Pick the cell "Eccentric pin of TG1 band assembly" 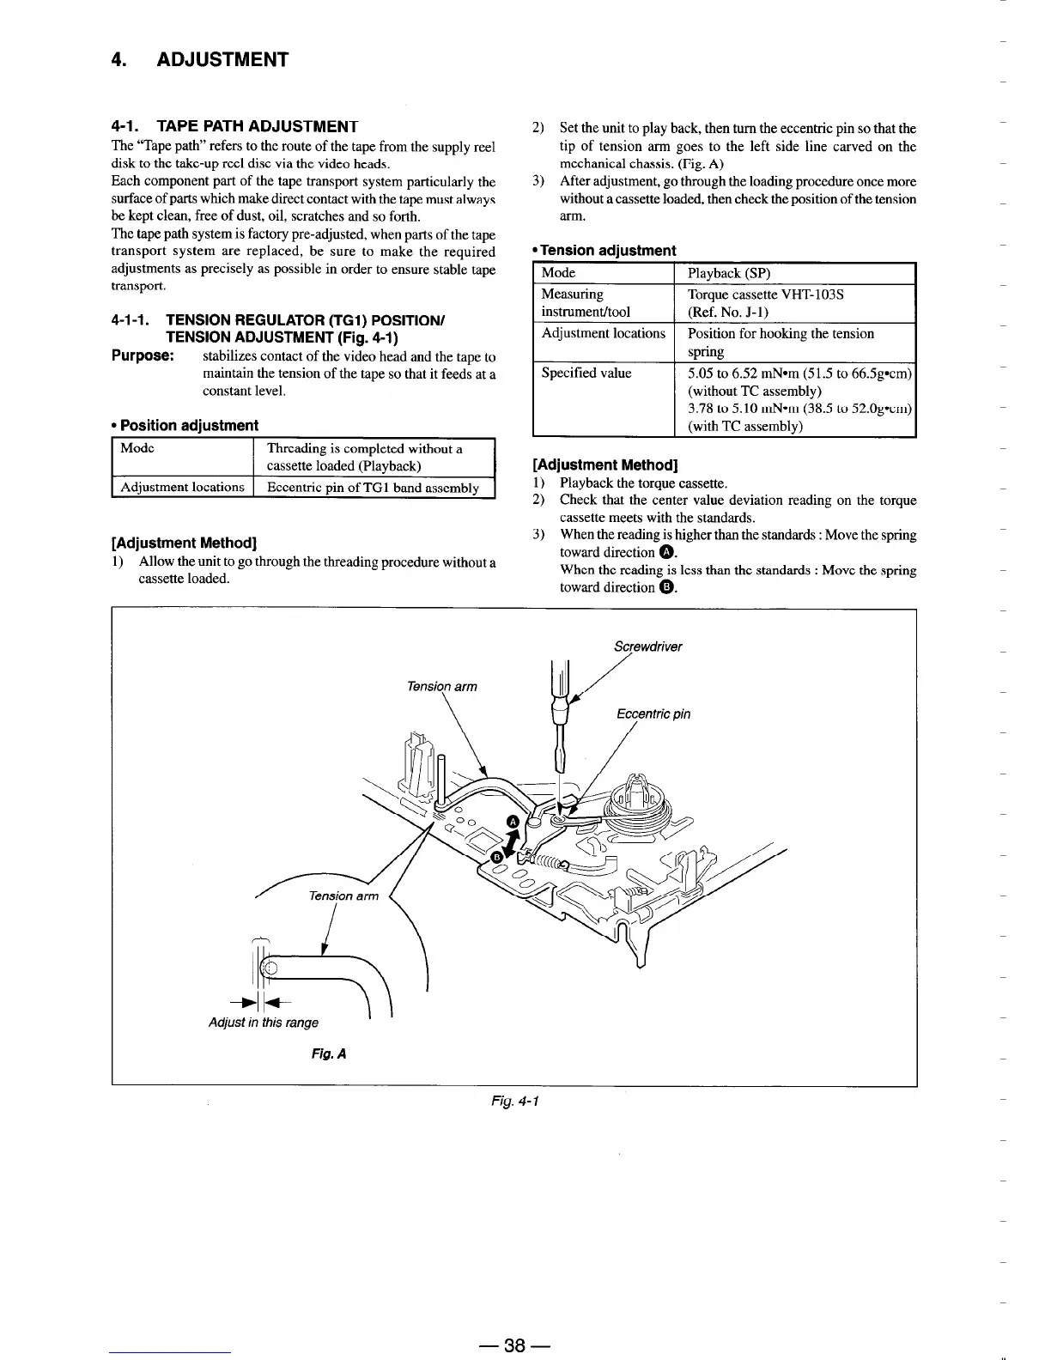tap(373, 488)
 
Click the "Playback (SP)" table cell tap(729, 273)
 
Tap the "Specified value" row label tap(586, 373)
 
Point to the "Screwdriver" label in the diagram tap(648, 647)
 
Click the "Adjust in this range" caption tap(264, 1023)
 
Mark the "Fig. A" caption tap(329, 1053)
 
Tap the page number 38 tap(514, 1346)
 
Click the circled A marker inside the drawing tap(513, 822)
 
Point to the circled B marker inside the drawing tap(496, 857)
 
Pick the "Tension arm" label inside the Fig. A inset tap(343, 896)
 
